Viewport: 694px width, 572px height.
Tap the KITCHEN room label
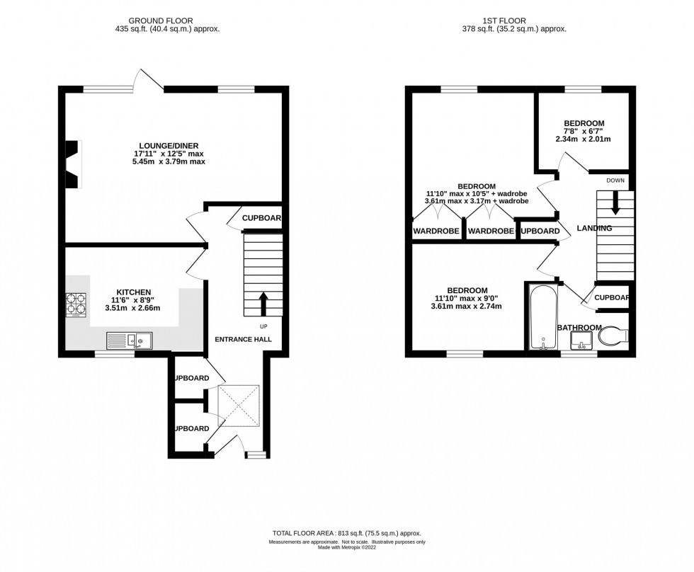134,292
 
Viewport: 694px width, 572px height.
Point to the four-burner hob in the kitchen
76,305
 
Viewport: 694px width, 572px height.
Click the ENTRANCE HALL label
244,339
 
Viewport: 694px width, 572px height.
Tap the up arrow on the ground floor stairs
263,304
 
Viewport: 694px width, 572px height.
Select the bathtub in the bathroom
542,317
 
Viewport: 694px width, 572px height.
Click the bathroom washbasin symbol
581,343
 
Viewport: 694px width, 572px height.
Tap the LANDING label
594,228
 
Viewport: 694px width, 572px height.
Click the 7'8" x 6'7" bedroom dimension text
583,131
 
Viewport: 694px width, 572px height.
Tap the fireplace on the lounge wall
73,164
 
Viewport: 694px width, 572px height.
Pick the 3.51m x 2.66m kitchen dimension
134,308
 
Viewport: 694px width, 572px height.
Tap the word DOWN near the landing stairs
615,181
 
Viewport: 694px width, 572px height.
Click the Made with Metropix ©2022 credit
346,549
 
